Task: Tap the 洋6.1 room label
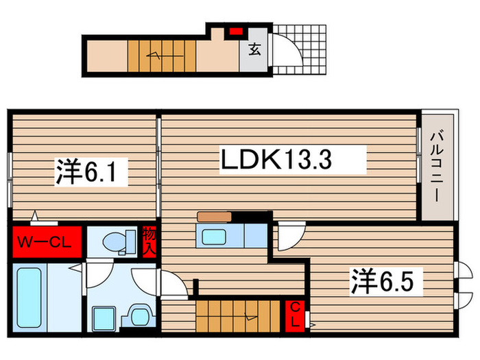click(x=92, y=171)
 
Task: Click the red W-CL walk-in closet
click(x=46, y=241)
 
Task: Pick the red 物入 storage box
click(x=149, y=241)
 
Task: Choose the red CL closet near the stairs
click(x=294, y=315)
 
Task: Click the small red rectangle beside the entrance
click(x=236, y=31)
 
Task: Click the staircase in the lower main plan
click(x=240, y=315)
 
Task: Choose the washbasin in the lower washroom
click(x=104, y=318)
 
